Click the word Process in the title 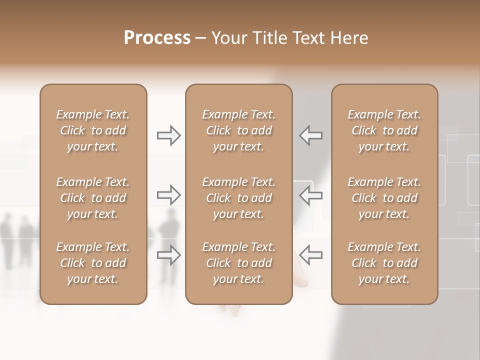157,38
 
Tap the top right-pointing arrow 168,135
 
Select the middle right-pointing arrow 168,195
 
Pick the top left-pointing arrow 311,135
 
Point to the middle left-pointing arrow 311,195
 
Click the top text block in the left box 93,130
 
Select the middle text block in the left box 93,198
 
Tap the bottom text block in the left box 93,263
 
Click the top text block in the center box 239,130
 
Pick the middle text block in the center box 239,198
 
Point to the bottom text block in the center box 239,263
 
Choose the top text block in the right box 384,130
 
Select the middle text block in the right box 384,198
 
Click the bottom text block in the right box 384,263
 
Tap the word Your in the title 228,38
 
